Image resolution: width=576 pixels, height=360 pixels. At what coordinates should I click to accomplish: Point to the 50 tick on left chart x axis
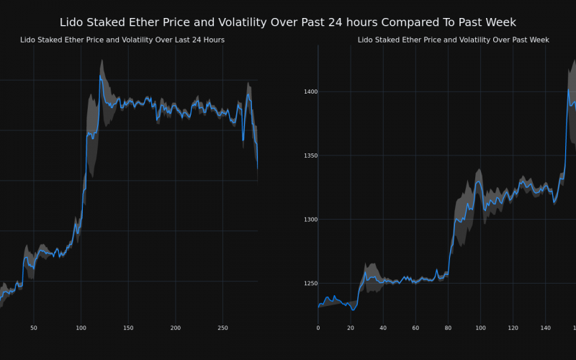33,328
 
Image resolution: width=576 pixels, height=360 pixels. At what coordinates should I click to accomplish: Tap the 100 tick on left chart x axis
81,328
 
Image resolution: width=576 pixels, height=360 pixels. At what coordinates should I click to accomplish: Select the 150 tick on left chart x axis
128,328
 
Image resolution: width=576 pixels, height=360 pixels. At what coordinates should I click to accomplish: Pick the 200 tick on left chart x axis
176,328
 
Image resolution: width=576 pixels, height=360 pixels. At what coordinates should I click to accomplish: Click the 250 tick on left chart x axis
223,328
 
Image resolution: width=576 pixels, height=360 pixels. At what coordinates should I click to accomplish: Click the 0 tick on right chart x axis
318,328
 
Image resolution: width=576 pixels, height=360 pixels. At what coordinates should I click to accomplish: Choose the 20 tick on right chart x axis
351,328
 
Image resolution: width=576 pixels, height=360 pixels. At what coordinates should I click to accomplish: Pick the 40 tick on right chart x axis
383,328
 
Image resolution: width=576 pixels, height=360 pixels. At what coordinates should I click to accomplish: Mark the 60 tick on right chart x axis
415,328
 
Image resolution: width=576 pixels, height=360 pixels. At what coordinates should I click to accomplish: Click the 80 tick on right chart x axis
448,328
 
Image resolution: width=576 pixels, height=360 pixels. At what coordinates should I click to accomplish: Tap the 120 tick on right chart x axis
513,328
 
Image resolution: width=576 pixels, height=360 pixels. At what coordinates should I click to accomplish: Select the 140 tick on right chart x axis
545,328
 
